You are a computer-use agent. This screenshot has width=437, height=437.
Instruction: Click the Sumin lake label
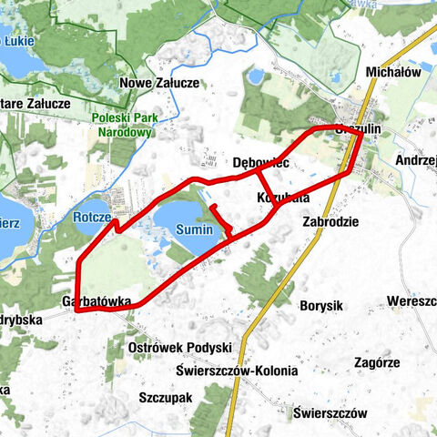194,230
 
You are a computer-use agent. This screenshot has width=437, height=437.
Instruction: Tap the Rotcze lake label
91,218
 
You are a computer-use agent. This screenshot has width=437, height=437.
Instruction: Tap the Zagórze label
377,361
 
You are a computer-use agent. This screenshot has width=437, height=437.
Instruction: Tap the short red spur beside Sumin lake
219,219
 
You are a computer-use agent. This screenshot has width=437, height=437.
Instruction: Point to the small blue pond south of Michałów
257,76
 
